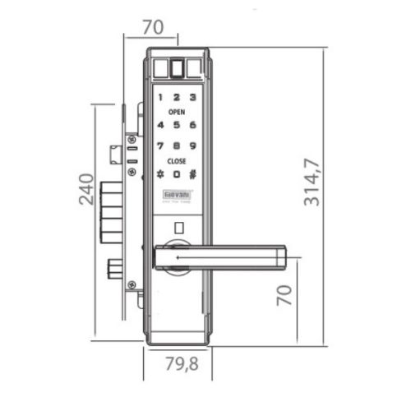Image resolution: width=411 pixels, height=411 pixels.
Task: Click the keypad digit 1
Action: [x=161, y=96]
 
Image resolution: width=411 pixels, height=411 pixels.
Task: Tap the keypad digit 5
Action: [x=177, y=125]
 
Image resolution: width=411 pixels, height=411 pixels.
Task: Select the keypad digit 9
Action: [x=192, y=145]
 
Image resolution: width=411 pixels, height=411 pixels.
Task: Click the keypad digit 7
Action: [x=161, y=145]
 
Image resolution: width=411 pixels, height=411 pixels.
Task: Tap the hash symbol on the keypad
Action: [x=192, y=174]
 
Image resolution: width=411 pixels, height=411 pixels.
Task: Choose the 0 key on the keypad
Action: [x=177, y=174]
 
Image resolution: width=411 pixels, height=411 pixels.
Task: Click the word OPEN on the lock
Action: [x=177, y=110]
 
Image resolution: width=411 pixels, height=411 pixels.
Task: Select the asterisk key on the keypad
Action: [x=161, y=174]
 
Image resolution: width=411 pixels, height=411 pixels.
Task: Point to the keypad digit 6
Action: [x=192, y=125]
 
